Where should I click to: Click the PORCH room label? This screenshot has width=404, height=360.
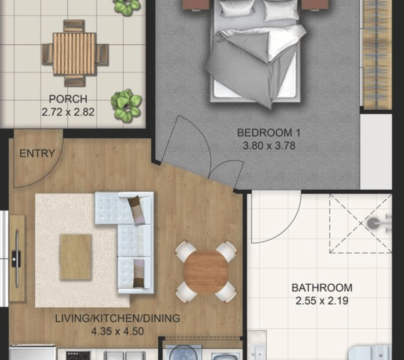coord(68,99)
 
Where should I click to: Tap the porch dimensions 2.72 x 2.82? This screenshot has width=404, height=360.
coord(68,112)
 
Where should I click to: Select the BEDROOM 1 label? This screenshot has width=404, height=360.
coord(269,133)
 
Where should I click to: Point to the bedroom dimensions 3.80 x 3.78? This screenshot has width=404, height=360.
coord(269,146)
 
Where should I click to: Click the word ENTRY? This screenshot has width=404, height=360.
coord(37,153)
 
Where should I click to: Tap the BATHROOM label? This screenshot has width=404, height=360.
coord(322,288)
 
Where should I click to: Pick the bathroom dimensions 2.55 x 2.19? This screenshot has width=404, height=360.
coord(322,300)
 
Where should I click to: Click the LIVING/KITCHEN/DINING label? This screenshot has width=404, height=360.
coord(118,318)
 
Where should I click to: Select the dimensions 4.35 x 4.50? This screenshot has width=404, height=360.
coord(118,331)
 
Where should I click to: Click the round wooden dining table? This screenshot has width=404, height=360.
coord(206,272)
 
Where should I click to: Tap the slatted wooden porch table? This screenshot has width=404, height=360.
coord(74,54)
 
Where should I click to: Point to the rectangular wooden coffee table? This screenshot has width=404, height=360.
coord(76,257)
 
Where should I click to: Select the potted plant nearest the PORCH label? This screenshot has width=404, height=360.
coord(126,106)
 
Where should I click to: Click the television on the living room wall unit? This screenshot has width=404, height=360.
coord(17,258)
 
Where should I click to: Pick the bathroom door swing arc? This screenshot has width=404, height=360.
coord(282,228)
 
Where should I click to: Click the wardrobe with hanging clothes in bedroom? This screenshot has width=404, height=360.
coord(377,54)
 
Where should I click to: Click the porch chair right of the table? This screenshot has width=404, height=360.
coord(102,54)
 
